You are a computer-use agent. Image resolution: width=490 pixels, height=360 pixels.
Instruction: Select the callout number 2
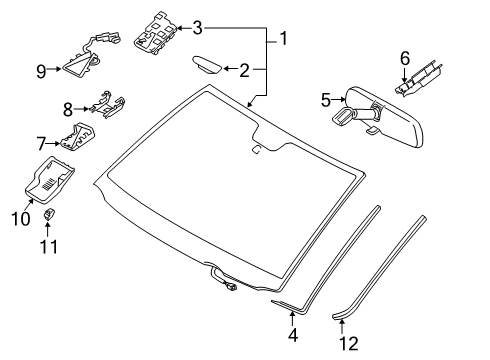pyautogui.click(x=243, y=69)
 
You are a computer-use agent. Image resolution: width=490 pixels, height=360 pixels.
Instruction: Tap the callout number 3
pyautogui.click(x=198, y=27)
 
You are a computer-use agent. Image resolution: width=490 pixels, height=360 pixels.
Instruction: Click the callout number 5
pyautogui.click(x=325, y=100)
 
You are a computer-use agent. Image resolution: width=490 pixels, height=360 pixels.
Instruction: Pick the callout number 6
pyautogui.click(x=405, y=58)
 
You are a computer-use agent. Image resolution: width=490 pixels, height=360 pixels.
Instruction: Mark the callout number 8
pyautogui.click(x=69, y=108)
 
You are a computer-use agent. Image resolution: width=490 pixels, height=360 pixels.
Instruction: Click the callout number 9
pyautogui.click(x=41, y=70)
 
